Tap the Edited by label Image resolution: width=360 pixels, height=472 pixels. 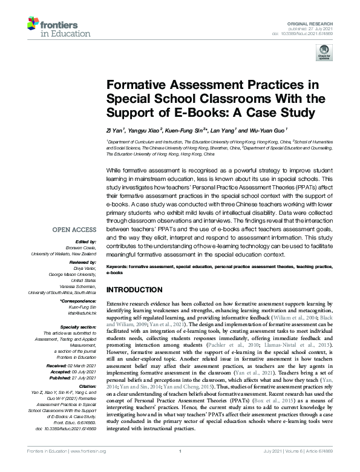coord(87,240)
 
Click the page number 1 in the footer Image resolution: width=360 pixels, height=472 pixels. coord(180,467)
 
